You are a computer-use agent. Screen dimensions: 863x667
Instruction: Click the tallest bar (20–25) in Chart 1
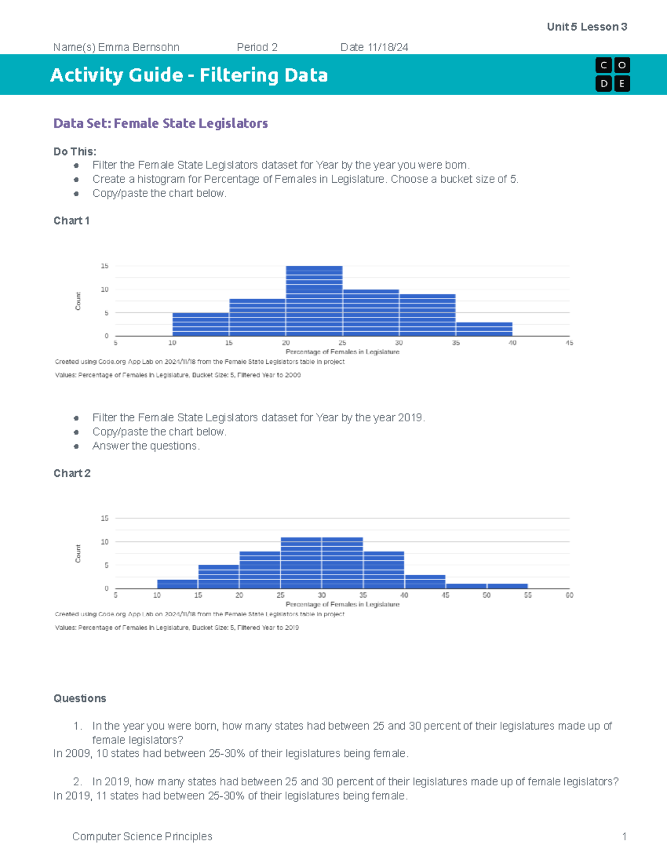click(314, 301)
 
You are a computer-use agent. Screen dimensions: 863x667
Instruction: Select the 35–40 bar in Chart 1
click(484, 329)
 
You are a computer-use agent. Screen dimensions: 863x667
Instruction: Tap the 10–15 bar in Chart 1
click(201, 325)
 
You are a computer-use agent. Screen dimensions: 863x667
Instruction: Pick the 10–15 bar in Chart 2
click(177, 584)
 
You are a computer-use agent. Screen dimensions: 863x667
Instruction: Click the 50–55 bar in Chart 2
click(507, 586)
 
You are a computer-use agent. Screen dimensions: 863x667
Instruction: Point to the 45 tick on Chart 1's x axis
click(569, 343)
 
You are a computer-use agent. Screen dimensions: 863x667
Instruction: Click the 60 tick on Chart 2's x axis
click(569, 595)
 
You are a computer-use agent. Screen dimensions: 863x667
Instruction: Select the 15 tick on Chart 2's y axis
click(104, 518)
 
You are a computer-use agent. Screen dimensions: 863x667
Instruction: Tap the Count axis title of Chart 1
click(78, 301)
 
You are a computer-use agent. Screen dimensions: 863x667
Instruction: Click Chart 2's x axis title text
click(342, 604)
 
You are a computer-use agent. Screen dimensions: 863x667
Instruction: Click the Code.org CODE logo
click(612, 74)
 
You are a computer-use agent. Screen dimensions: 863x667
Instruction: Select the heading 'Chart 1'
click(71, 221)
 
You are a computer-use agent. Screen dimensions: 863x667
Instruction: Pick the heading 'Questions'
click(79, 699)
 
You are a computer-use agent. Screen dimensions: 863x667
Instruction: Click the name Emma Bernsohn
click(138, 47)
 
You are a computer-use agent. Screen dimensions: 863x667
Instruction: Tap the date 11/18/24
click(387, 47)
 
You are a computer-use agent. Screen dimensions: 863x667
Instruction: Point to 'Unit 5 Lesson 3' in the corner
click(587, 27)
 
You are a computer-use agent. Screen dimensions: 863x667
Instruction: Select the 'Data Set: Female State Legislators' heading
click(160, 123)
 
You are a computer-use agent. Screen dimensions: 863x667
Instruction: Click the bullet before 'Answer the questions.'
click(76, 446)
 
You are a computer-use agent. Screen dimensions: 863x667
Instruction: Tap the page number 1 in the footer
click(624, 836)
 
